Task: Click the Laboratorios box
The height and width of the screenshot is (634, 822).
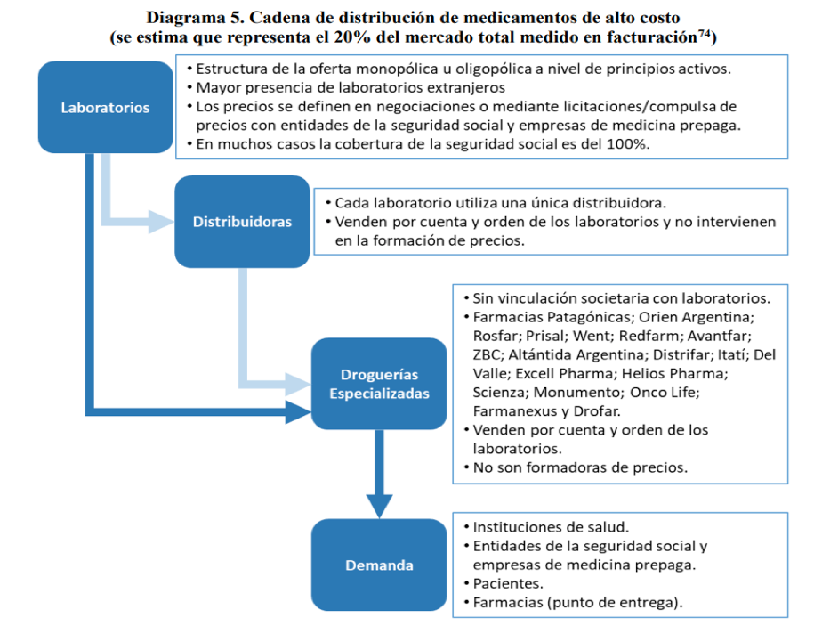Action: tap(105, 108)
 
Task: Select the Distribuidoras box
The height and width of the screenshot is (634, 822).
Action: tap(242, 222)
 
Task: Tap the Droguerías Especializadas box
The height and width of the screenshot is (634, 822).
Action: tap(379, 384)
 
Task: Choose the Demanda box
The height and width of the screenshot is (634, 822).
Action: tap(379, 565)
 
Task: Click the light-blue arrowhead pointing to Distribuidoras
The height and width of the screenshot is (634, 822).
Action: tap(161, 222)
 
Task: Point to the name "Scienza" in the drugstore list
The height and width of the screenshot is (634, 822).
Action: tap(500, 392)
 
